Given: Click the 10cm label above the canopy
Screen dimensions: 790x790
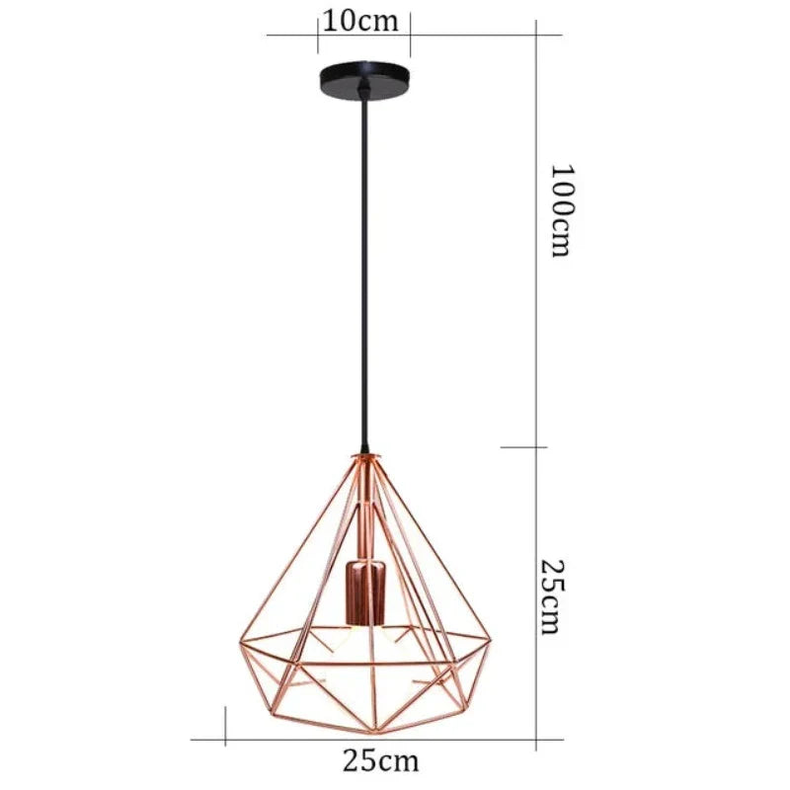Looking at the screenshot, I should click(x=363, y=21).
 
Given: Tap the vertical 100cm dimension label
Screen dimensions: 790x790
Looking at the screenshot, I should click(x=560, y=209).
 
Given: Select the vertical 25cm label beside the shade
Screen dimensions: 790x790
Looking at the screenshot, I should click(x=553, y=596).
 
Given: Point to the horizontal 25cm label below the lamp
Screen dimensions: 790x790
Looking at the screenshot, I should click(x=380, y=760).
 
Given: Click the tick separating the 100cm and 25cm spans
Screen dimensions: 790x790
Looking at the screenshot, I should click(x=536, y=447).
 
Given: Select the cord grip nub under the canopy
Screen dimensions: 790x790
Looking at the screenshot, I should click(x=364, y=94).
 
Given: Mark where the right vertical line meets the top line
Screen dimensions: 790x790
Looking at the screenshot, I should click(x=536, y=35).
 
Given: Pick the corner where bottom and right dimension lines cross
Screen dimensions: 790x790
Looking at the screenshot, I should click(x=536, y=738).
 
